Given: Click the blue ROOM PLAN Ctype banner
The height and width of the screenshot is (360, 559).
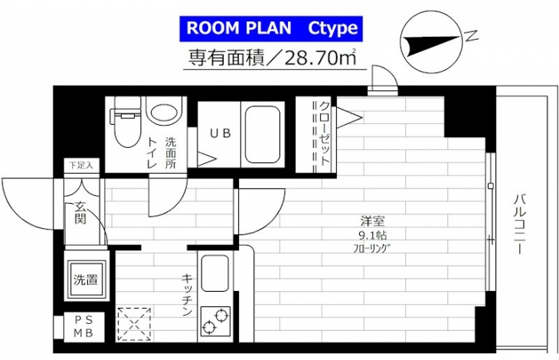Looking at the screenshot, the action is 271,28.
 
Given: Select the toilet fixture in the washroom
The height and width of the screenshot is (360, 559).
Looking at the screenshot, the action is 126,122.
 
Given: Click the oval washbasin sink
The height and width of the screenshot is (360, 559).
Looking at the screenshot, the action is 164,112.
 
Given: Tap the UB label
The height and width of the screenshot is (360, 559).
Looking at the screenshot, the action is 221,134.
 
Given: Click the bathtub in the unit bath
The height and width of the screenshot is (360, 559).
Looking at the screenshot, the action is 262,135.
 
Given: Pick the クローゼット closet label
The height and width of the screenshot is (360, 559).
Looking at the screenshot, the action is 324,134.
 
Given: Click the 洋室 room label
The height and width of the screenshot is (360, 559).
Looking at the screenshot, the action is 373,221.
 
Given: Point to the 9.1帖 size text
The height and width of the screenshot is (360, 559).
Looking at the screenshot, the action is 373,235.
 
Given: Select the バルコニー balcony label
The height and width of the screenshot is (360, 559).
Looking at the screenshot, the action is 519,224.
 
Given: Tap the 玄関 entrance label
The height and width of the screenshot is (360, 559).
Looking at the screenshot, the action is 80,213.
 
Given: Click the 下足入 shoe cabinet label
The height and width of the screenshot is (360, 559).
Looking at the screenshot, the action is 81,165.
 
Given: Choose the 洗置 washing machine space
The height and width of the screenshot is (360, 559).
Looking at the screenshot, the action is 86,280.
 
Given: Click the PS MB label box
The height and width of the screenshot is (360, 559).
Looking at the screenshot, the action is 83,327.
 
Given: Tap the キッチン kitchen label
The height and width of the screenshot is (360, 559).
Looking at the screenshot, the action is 187,295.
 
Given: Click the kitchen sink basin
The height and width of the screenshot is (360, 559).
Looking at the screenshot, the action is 214,273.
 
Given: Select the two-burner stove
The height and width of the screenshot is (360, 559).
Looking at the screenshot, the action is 215,321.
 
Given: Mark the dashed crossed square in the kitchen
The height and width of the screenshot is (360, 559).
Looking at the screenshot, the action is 134,324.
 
